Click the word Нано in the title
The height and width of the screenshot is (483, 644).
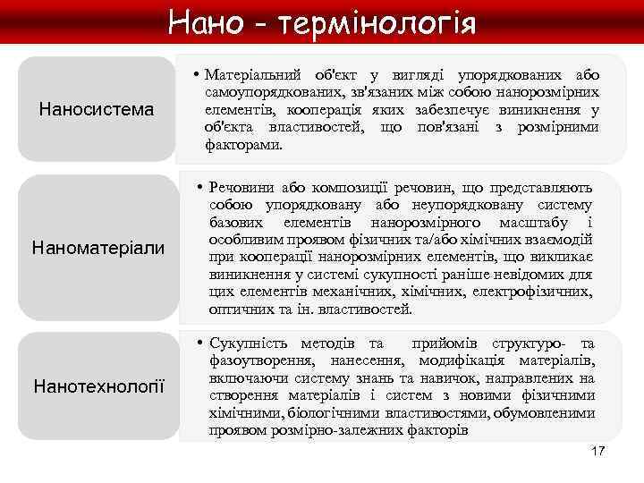coord(205,20)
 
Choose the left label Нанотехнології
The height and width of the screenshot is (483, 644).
coord(98,386)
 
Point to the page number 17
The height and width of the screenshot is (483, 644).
coord(598,450)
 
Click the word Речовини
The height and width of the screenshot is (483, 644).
coord(241,187)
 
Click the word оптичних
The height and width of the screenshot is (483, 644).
coord(235,309)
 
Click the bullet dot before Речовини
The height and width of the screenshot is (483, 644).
coord(199,187)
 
